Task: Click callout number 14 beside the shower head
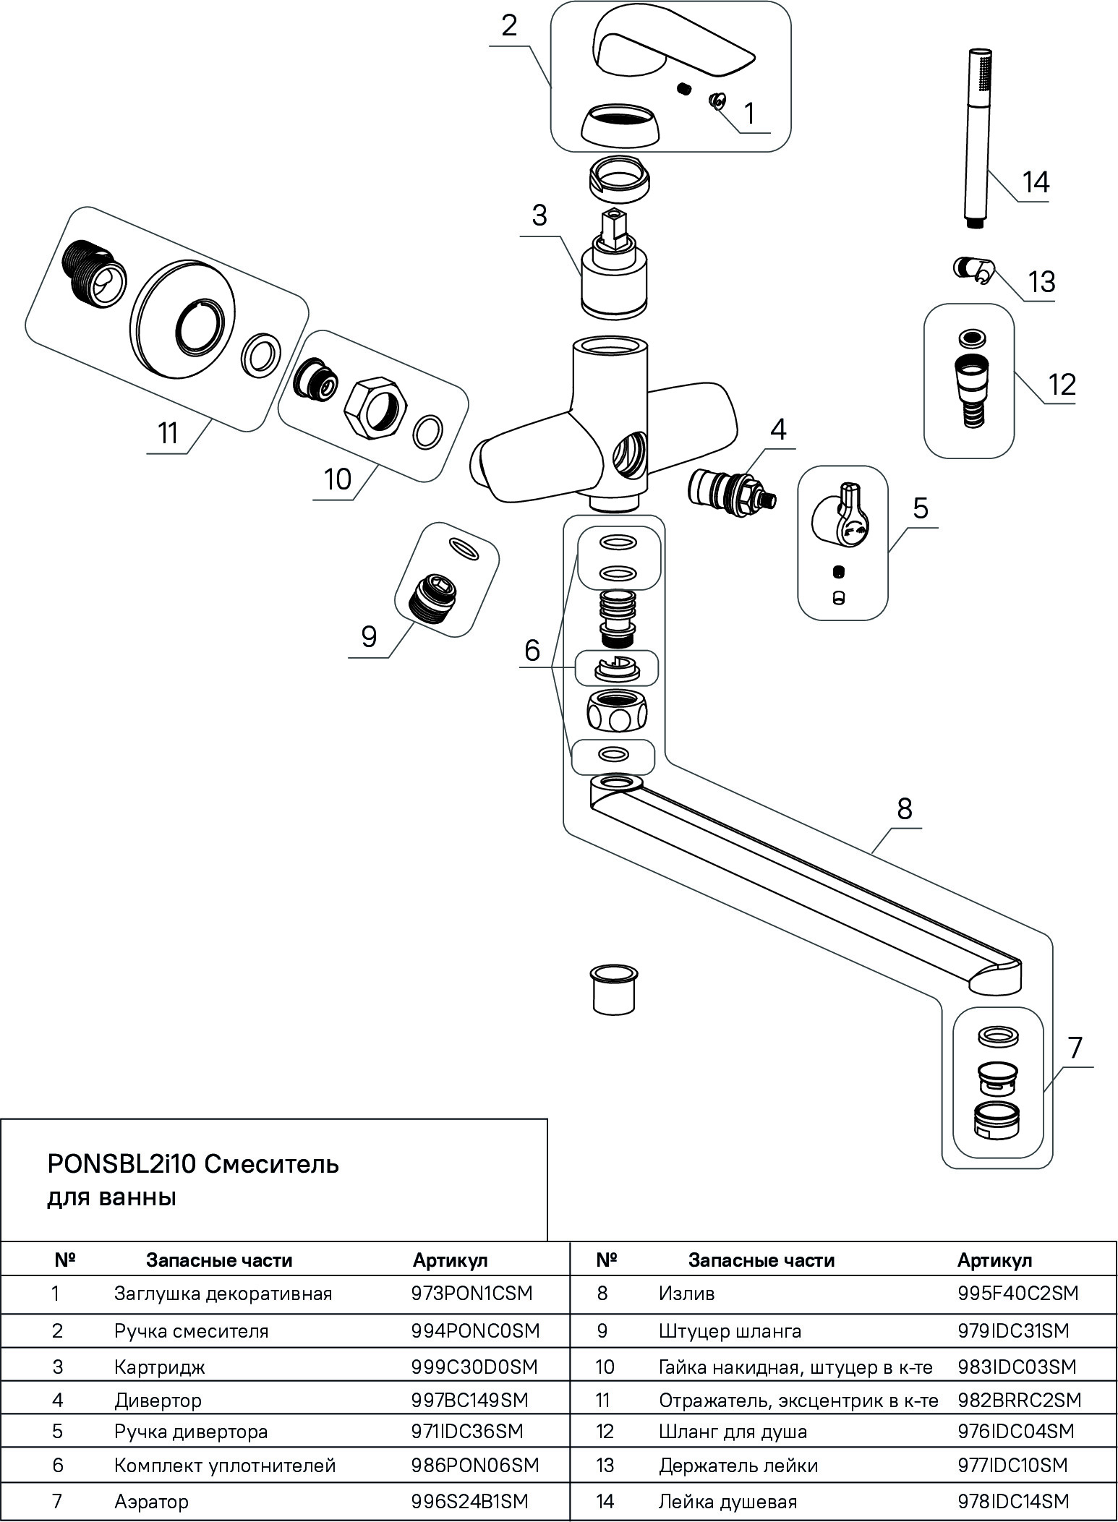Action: pyautogui.click(x=1036, y=182)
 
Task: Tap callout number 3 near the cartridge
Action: pyautogui.click(x=539, y=215)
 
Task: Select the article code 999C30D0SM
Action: pyautogui.click(x=474, y=1367)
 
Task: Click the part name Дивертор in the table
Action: pyautogui.click(x=158, y=1401)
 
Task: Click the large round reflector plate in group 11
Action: pyautogui.click(x=184, y=323)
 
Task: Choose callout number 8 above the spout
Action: pyautogui.click(x=905, y=808)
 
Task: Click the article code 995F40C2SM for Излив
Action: pyautogui.click(x=1017, y=1293)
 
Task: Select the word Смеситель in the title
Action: pyautogui.click(x=273, y=1165)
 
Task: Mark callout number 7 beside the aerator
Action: pyautogui.click(x=1075, y=1047)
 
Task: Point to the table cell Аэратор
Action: pyautogui.click(x=151, y=1502)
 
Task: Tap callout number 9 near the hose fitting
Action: pyautogui.click(x=369, y=637)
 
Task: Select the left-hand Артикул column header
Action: pyautogui.click(x=451, y=1260)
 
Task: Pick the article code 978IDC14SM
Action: pyautogui.click(x=1012, y=1502)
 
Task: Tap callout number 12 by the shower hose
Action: pyautogui.click(x=1061, y=384)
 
